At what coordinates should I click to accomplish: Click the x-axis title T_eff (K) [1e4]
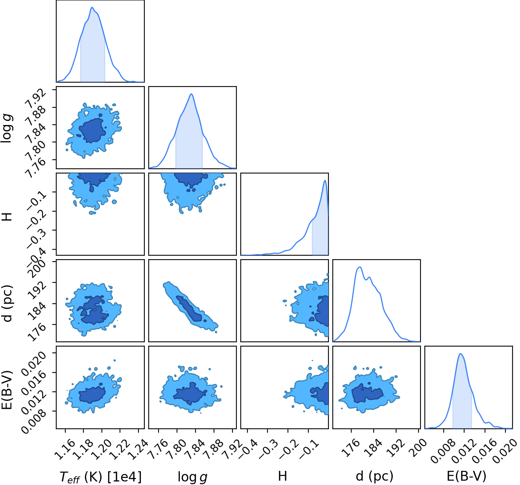[x=101, y=476]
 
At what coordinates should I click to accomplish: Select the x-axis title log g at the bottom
[x=192, y=477]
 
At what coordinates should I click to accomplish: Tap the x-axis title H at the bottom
[x=282, y=476]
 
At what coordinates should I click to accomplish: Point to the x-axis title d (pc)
[x=374, y=476]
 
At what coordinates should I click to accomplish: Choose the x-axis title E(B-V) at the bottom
[x=467, y=476]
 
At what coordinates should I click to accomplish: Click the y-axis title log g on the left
[x=7, y=128]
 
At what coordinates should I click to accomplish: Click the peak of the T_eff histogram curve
[x=92, y=7]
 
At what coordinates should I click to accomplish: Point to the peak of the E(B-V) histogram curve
[x=460, y=354]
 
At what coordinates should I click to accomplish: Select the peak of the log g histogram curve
[x=192, y=94]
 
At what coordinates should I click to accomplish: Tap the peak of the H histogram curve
[x=325, y=180]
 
